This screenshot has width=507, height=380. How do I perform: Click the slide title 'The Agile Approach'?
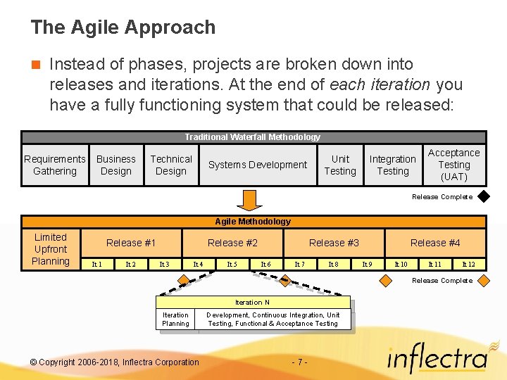[123, 28]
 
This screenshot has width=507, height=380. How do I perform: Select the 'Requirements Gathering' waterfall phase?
[55, 165]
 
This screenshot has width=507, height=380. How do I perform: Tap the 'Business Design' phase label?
[116, 165]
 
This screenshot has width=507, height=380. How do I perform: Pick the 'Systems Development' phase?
[258, 165]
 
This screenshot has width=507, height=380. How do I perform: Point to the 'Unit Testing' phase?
[340, 165]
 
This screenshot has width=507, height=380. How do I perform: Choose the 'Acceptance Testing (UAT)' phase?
[453, 165]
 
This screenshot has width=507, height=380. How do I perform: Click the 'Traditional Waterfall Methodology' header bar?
[253, 137]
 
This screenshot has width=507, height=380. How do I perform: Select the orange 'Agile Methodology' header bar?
[253, 222]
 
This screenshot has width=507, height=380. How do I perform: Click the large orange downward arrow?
[249, 200]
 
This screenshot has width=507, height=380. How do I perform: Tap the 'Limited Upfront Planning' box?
[51, 249]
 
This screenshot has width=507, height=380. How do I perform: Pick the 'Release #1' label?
[131, 243]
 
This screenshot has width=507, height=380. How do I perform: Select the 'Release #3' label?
[334, 243]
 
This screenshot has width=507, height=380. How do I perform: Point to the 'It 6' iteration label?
[265, 265]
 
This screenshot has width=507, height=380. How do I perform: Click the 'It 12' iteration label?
[468, 265]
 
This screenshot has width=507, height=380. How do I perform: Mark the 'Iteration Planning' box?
[175, 319]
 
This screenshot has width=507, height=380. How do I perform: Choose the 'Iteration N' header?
[253, 303]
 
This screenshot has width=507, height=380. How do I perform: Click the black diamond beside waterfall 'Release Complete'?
[482, 197]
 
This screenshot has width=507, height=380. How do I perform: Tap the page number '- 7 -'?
[299, 362]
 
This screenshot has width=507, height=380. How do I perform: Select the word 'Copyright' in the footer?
[58, 362]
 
